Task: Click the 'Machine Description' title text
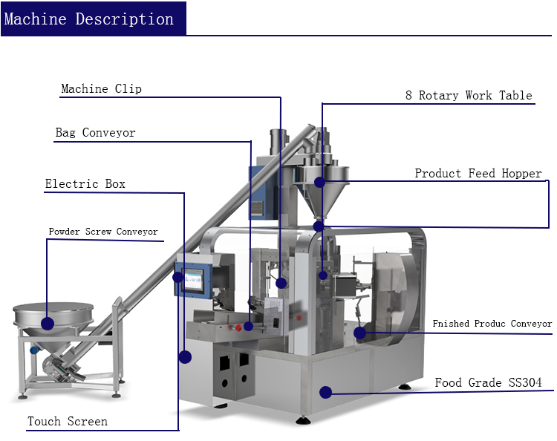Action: click(x=89, y=19)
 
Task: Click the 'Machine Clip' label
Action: click(x=102, y=89)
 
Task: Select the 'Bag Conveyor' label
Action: click(x=96, y=133)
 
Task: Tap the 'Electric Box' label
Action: click(x=85, y=183)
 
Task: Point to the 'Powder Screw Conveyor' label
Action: click(x=103, y=232)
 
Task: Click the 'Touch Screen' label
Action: click(x=68, y=422)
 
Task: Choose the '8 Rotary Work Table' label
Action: click(x=469, y=95)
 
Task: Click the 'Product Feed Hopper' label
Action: click(x=478, y=173)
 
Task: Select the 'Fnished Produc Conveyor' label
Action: click(x=492, y=324)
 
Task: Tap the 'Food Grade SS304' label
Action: click(x=488, y=383)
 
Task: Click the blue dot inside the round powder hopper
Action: click(x=48, y=323)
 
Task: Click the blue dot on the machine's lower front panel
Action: click(x=325, y=391)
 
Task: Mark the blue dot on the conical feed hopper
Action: click(x=319, y=182)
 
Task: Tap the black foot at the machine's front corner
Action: click(x=303, y=421)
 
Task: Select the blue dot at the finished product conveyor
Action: click(x=360, y=333)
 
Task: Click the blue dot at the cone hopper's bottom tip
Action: click(x=319, y=225)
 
